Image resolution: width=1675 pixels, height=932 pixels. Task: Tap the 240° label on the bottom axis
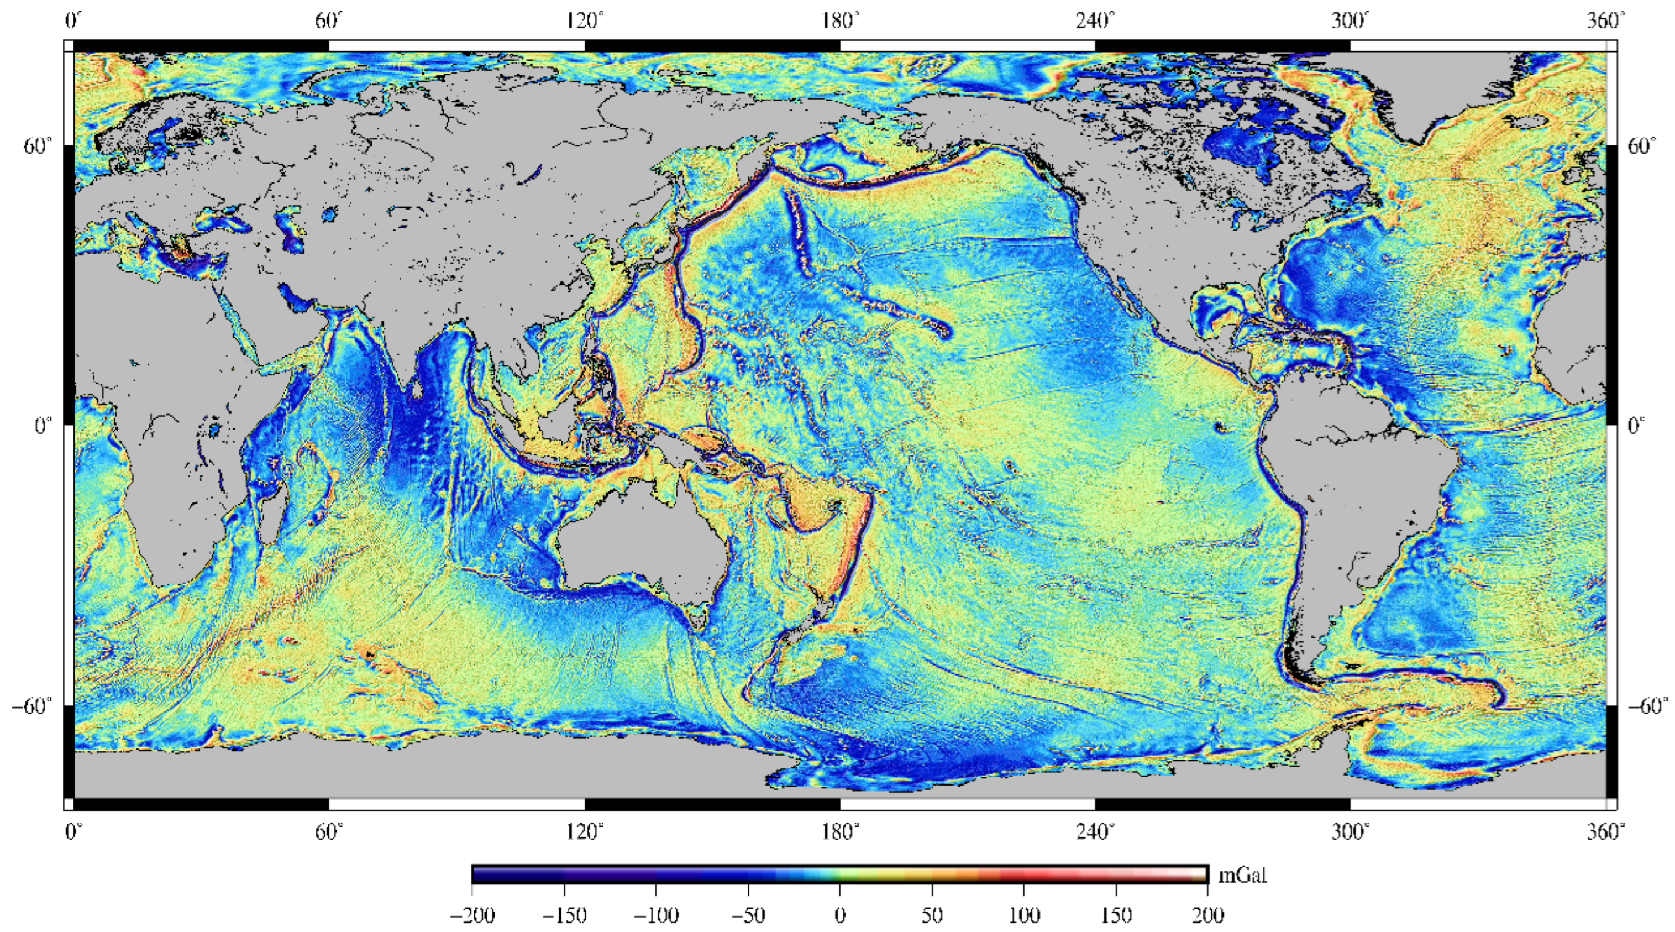[1095, 832]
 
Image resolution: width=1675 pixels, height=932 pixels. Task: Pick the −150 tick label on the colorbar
[564, 916]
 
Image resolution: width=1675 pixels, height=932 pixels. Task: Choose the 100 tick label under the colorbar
[1024, 916]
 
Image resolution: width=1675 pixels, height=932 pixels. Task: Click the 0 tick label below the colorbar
[840, 916]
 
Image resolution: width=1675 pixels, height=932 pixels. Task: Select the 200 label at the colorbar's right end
[1208, 916]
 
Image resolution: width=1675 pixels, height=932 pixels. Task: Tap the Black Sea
[224, 218]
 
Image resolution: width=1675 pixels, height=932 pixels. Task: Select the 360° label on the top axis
[1605, 22]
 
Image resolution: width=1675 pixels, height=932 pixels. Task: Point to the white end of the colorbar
[1200, 875]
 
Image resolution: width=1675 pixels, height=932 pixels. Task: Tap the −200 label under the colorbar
[472, 916]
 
